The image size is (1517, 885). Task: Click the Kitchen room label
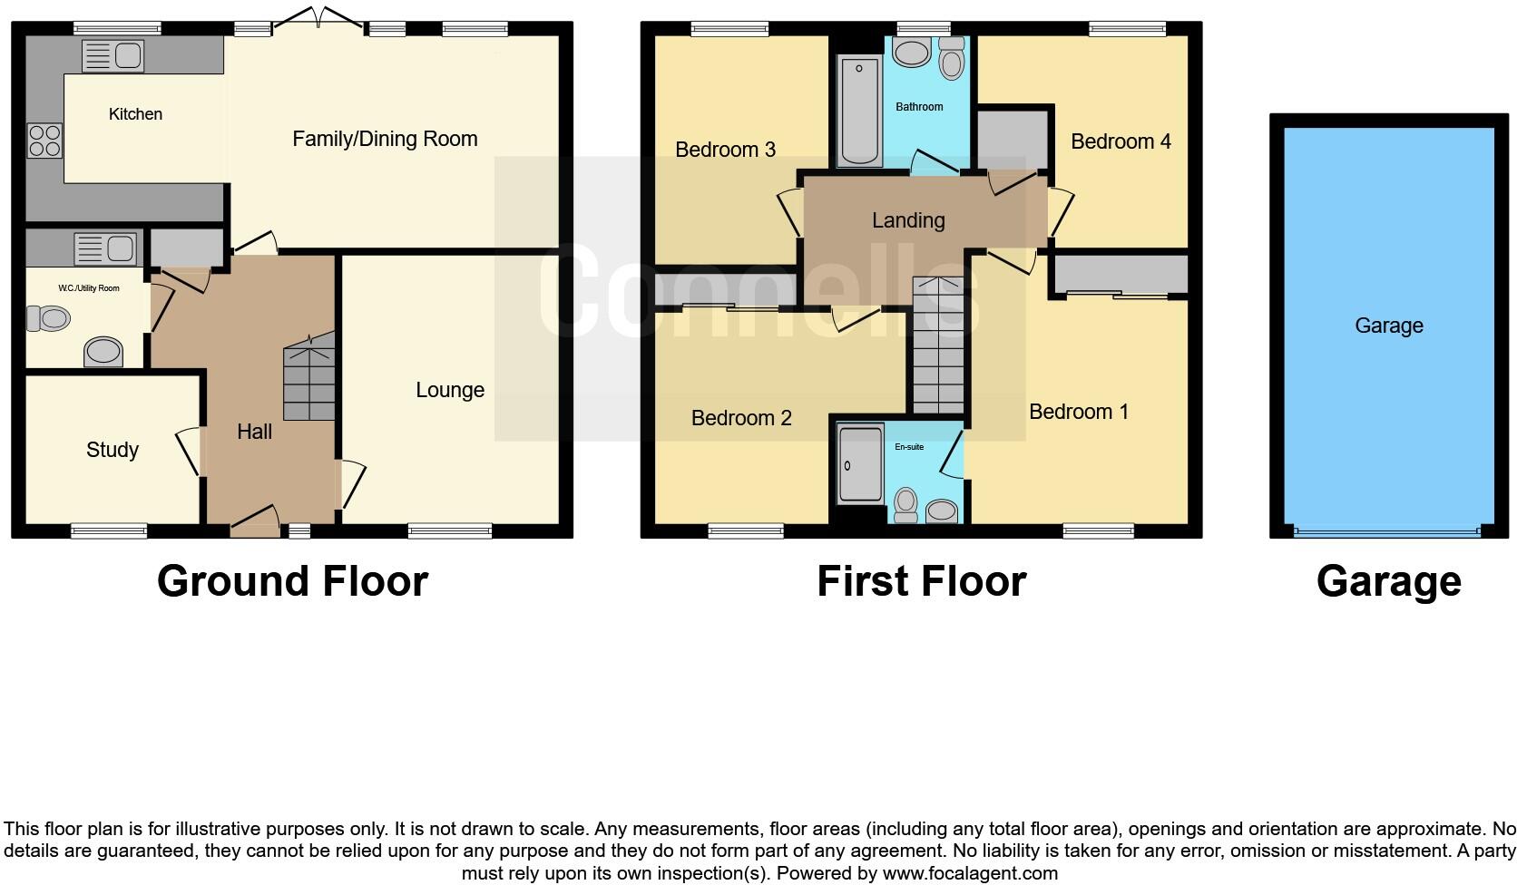(x=135, y=114)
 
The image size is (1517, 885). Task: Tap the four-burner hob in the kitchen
(x=44, y=141)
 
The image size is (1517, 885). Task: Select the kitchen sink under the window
(x=113, y=57)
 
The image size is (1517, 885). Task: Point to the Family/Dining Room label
(x=385, y=139)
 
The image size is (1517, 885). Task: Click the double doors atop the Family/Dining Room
(x=318, y=18)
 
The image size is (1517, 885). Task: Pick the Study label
(x=113, y=450)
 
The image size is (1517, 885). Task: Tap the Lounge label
(x=450, y=390)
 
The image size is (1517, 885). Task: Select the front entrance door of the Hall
(x=256, y=522)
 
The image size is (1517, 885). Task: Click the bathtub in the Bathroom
(x=858, y=111)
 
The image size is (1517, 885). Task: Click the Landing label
(x=908, y=220)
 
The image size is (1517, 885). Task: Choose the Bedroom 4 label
(x=1121, y=141)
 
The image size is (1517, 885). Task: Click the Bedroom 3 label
(x=725, y=150)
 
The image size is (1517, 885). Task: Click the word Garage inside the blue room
(x=1388, y=326)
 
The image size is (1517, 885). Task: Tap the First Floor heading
(x=921, y=581)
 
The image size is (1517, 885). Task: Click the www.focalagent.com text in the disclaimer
(x=970, y=873)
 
